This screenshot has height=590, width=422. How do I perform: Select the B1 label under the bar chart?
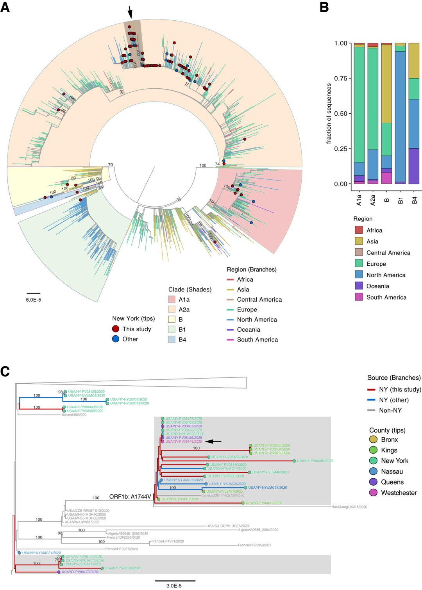(x=401, y=200)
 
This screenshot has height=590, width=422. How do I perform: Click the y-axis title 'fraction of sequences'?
(x=329, y=113)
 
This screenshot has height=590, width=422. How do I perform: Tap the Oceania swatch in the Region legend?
(x=359, y=286)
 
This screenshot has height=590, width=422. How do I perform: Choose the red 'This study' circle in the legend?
(x=116, y=329)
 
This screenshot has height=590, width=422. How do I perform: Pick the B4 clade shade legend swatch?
(x=172, y=340)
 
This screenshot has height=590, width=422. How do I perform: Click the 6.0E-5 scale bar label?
(x=34, y=300)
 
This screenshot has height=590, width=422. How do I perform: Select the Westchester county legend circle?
(x=373, y=493)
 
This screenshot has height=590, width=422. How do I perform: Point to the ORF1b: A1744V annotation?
(x=130, y=497)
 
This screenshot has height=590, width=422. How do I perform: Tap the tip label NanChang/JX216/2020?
(x=349, y=507)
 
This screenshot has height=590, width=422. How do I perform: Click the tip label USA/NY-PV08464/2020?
(x=315, y=461)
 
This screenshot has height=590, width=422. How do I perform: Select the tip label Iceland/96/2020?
(x=74, y=415)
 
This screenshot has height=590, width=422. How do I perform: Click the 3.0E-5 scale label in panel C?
(x=174, y=586)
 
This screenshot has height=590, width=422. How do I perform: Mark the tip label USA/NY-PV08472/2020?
(x=80, y=572)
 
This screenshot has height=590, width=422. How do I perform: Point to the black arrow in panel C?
(x=213, y=442)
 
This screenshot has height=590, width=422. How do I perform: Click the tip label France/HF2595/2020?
(x=254, y=545)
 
